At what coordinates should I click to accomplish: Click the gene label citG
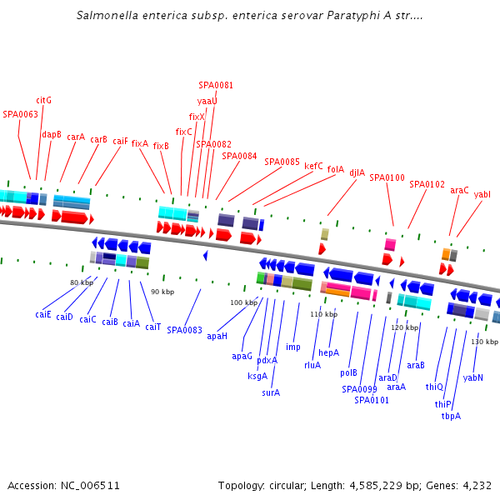click(44, 100)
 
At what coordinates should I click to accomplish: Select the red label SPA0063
click(20, 114)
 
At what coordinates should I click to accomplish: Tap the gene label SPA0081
click(216, 85)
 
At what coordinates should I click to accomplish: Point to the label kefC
click(313, 166)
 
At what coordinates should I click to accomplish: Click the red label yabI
click(482, 194)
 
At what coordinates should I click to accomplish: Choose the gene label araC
click(459, 190)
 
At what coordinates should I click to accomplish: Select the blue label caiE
click(43, 314)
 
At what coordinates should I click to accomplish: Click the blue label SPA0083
click(184, 330)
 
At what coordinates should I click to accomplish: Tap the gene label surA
click(270, 392)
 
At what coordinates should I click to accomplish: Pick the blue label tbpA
click(451, 416)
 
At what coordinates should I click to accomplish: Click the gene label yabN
click(473, 377)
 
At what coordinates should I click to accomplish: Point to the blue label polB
click(348, 372)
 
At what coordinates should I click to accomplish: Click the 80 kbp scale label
click(82, 282)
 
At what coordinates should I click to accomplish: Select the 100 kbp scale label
click(244, 302)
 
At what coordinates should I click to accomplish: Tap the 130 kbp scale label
click(484, 342)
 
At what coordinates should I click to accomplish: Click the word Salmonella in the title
click(104, 15)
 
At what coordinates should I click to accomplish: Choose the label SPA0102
click(427, 184)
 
